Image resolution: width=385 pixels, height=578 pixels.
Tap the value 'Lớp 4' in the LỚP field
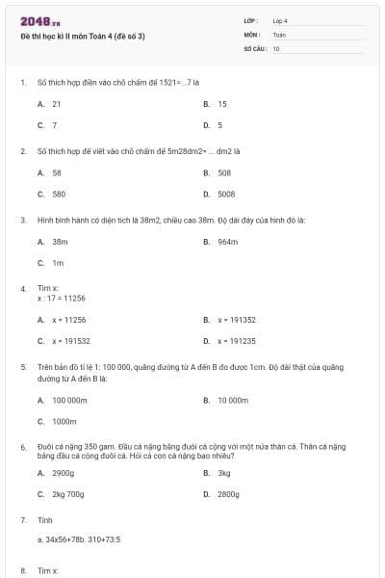pos(280,20)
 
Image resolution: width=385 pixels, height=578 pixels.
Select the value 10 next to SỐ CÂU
pos(276,47)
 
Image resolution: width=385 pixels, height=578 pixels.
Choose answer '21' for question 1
pos(57,103)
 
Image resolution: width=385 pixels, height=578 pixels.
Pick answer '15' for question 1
pos(222,103)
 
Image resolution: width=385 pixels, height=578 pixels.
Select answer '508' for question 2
pos(224,172)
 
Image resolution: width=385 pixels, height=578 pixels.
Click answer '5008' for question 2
pos(226,194)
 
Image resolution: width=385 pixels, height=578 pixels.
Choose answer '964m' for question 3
pos(227,242)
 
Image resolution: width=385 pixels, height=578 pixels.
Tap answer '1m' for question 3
pos(58,263)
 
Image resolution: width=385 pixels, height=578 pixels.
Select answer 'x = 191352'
pos(236,319)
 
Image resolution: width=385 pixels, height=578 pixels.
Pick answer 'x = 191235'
pos(236,340)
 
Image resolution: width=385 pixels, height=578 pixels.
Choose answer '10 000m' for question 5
pos(234,399)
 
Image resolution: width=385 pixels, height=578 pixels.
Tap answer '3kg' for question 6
pos(224,473)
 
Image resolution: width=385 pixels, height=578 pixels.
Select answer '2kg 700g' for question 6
pos(68,494)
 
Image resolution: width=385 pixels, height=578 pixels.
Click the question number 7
pos(23,519)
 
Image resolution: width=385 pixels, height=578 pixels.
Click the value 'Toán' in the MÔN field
pos(279,34)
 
